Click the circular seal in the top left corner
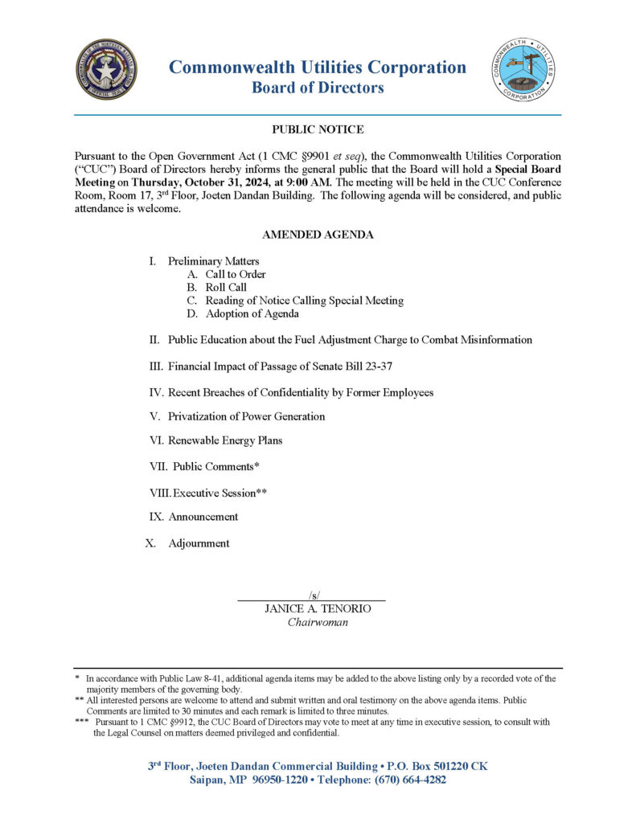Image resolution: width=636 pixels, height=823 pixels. coord(106,70)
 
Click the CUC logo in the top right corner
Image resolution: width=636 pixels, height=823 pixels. coord(523,70)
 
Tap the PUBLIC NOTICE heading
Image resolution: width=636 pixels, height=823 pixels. coord(318,129)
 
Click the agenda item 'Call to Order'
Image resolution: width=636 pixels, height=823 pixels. coord(235,274)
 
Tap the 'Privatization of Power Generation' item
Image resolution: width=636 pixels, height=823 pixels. coord(246,416)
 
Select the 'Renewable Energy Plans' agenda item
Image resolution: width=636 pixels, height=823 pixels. coord(225,440)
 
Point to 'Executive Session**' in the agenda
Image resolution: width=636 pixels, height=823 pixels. coord(220,492)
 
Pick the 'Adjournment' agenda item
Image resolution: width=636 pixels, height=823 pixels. coord(199,543)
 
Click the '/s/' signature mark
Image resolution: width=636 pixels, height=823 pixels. coord(314,595)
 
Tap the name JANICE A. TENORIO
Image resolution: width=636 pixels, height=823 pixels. coord(318,609)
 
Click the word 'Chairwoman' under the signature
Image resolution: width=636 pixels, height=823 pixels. coord(318,622)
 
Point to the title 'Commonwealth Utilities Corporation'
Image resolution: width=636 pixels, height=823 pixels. coord(318,68)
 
